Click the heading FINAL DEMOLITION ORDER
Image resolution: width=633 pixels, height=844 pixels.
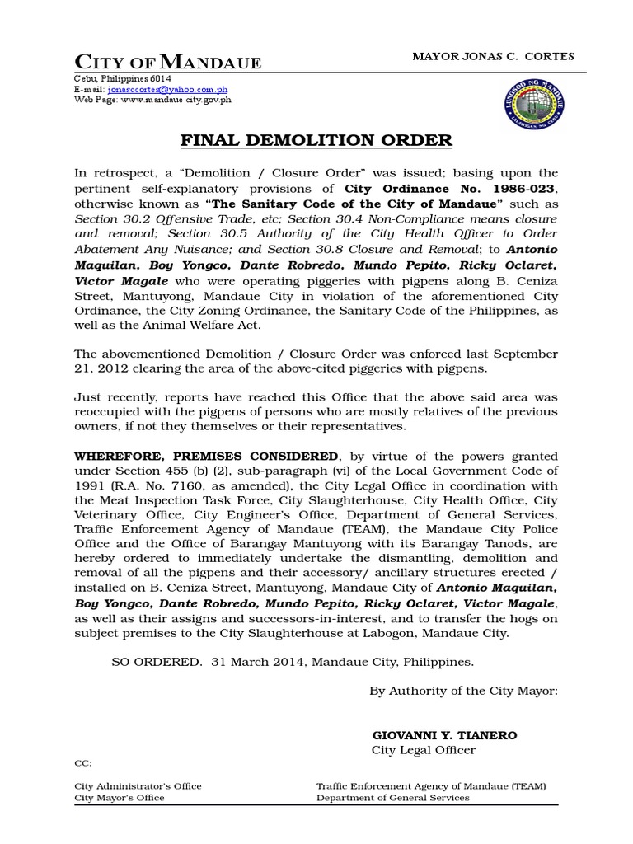click(316, 141)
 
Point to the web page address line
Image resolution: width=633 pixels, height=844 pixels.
click(152, 100)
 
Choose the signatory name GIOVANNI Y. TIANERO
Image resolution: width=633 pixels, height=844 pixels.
click(445, 735)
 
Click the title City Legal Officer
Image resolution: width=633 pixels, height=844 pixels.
click(424, 750)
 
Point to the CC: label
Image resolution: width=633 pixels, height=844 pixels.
click(84, 764)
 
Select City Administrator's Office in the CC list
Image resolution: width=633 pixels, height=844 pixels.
click(138, 786)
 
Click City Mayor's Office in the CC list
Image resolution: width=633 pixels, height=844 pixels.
click(120, 798)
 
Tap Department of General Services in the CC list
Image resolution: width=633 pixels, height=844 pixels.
click(393, 798)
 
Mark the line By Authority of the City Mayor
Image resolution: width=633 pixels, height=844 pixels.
click(463, 691)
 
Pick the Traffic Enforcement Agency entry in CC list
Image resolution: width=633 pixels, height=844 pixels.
click(431, 786)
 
